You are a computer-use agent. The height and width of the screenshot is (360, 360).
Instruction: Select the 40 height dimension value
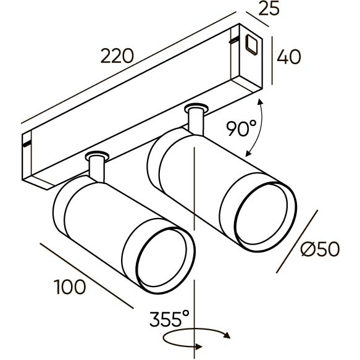point(288,57)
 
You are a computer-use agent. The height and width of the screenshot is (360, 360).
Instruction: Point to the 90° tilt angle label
point(241,128)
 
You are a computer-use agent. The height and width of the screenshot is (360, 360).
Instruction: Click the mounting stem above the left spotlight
point(96,168)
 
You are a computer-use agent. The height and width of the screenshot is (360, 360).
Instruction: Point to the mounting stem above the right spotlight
point(196,119)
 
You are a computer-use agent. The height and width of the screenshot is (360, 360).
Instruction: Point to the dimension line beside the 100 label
point(86,275)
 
